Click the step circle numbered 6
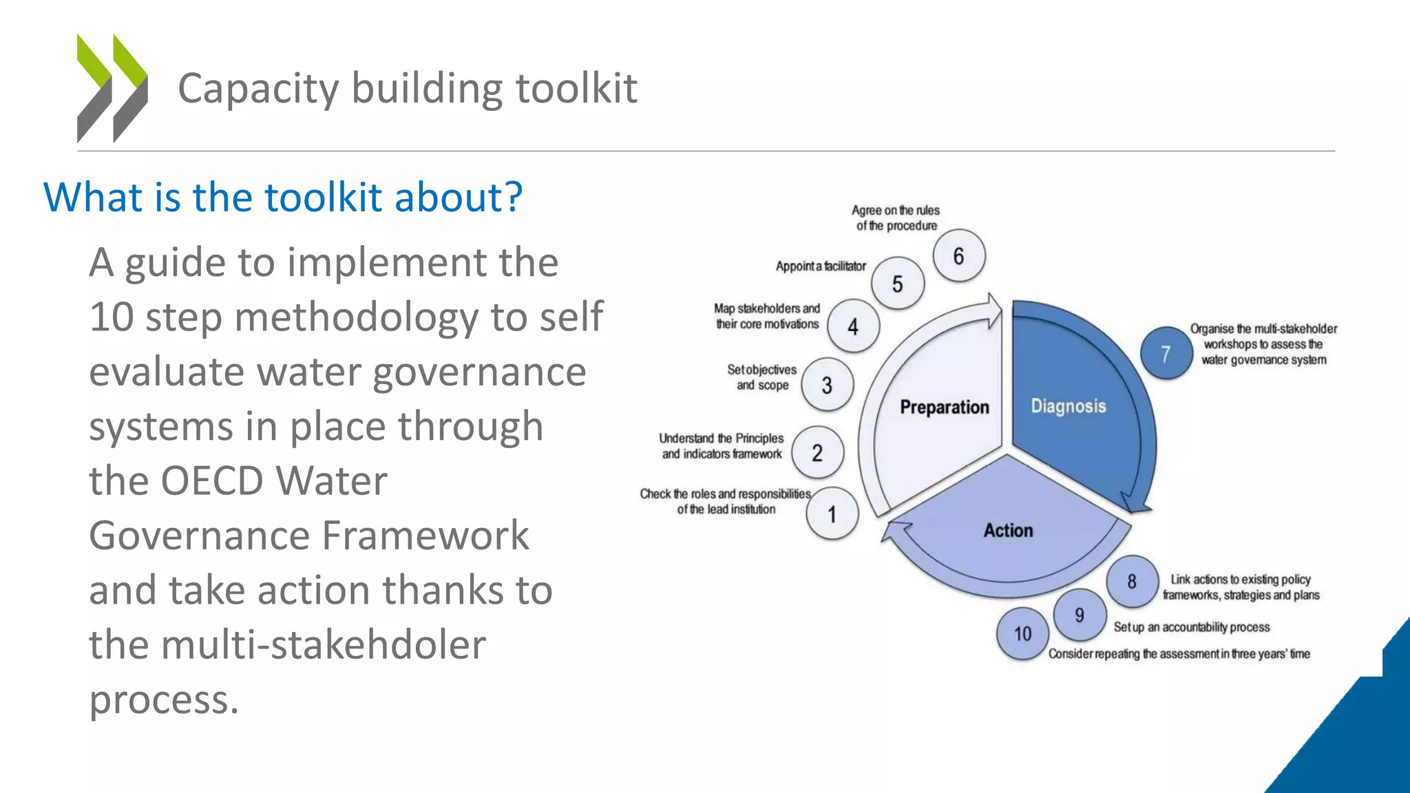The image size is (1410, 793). [959, 256]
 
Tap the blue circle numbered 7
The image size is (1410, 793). [1166, 353]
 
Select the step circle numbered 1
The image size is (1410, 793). [832, 514]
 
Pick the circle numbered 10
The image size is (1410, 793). [1022, 633]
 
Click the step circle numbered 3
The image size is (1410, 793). [828, 385]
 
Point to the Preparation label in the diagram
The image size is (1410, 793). [944, 408]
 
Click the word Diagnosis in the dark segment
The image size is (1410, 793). [1068, 406]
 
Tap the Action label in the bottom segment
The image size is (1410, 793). [1008, 531]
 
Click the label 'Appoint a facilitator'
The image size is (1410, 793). [821, 266]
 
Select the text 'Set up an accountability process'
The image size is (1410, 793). [1191, 627]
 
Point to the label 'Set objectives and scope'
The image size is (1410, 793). [762, 377]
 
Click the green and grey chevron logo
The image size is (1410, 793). [112, 88]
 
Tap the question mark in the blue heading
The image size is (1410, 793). [514, 198]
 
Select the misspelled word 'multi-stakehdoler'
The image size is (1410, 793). [287, 645]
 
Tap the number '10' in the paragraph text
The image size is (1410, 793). [111, 317]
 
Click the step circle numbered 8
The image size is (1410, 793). [1132, 582]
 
